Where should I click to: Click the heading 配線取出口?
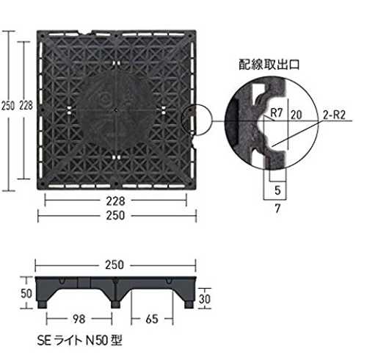pyautogui.click(x=269, y=65)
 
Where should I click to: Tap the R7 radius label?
pyautogui.click(x=277, y=113)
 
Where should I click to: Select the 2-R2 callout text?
pyautogui.click(x=334, y=115)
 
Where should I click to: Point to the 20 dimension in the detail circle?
pyautogui.click(x=297, y=115)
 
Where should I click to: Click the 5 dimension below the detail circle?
pyautogui.click(x=277, y=190)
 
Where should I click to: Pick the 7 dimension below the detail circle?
pyautogui.click(x=277, y=209)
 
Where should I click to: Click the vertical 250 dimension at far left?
pyautogui.click(x=8, y=106)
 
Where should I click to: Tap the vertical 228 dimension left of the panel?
pyautogui.click(x=26, y=106)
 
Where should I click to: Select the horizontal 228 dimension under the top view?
pyautogui.click(x=115, y=201)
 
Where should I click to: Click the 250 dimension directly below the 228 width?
pyautogui.click(x=115, y=215)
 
